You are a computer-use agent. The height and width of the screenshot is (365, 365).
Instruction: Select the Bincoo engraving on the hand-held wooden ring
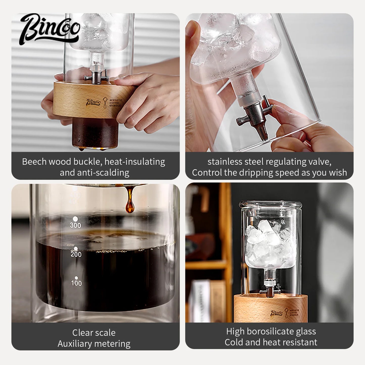pos(93,102)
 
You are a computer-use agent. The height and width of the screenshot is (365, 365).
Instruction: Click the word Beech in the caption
pos(34,162)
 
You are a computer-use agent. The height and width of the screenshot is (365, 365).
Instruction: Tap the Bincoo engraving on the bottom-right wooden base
pos(277,313)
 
